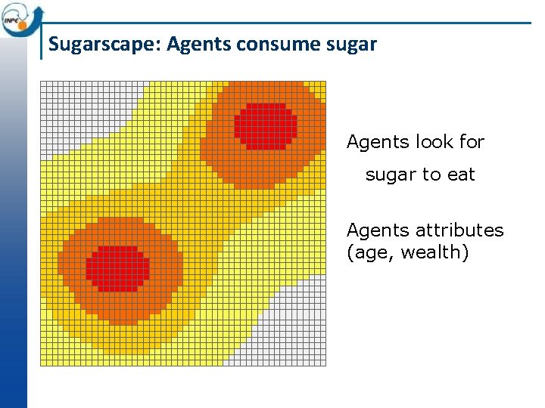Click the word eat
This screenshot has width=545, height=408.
461,175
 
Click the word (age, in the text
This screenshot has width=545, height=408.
371,252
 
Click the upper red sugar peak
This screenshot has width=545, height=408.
265,125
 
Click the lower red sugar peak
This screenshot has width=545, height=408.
117,268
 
